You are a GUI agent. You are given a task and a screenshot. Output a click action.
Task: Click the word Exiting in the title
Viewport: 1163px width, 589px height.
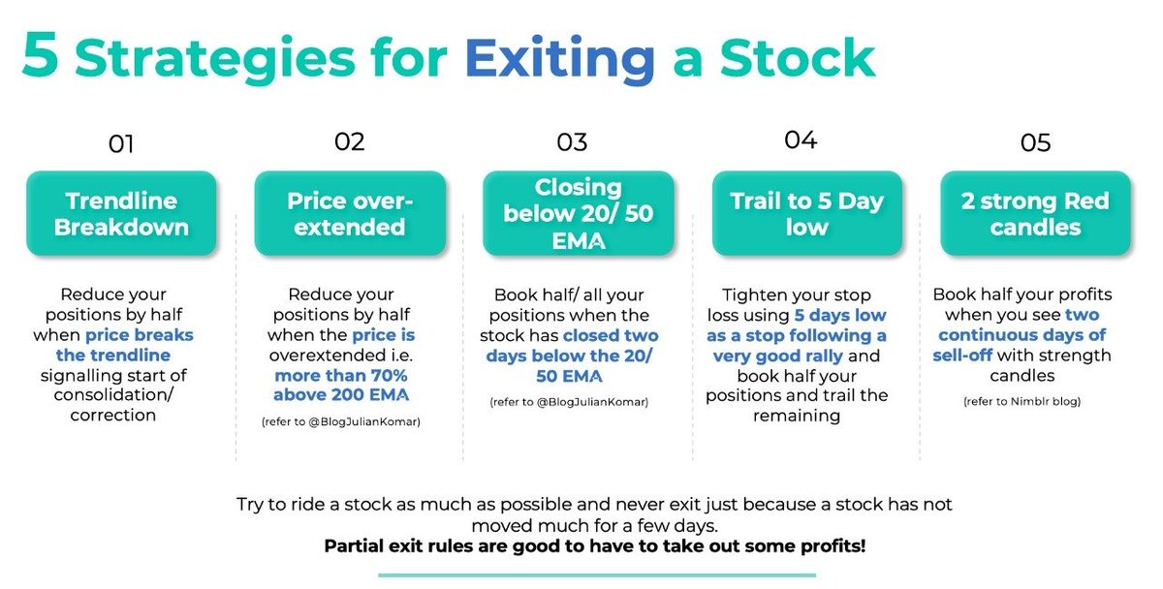560,59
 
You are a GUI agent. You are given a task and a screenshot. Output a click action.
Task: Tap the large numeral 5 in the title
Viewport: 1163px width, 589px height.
40,55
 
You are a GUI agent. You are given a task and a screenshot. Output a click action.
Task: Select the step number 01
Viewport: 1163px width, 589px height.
121,143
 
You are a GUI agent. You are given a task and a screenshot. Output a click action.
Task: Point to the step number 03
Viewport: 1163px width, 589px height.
572,142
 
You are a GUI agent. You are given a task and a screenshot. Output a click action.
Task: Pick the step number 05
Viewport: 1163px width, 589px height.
1035,142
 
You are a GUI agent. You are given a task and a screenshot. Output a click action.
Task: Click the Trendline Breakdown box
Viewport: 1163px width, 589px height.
121,213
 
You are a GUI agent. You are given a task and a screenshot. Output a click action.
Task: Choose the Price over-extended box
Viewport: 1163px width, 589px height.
350,213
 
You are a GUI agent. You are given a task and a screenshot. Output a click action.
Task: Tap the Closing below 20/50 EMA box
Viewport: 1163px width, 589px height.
579,213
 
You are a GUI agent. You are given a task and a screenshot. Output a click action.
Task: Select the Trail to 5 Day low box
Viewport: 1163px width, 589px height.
806,213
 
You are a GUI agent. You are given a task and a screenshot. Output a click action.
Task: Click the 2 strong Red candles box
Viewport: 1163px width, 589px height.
1035,213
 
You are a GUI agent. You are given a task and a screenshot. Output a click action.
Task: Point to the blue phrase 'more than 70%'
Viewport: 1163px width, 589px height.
341,375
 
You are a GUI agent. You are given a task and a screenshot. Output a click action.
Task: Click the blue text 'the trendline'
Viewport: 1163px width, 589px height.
113,355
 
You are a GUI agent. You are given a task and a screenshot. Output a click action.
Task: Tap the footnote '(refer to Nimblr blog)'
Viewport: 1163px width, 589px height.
1022,401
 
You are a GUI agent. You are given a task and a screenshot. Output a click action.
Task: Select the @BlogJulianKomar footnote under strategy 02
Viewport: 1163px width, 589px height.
341,421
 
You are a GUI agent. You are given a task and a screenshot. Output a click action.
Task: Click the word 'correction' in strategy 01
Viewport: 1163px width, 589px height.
113,416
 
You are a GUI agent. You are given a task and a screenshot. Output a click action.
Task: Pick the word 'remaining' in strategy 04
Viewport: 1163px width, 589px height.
797,416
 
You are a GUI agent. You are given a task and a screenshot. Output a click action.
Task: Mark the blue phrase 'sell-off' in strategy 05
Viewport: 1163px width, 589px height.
962,355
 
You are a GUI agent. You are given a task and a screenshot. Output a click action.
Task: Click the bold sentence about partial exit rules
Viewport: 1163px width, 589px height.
595,546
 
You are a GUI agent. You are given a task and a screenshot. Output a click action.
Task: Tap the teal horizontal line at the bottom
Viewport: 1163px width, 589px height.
597,575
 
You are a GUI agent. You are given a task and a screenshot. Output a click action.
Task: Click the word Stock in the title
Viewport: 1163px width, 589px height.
798,57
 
